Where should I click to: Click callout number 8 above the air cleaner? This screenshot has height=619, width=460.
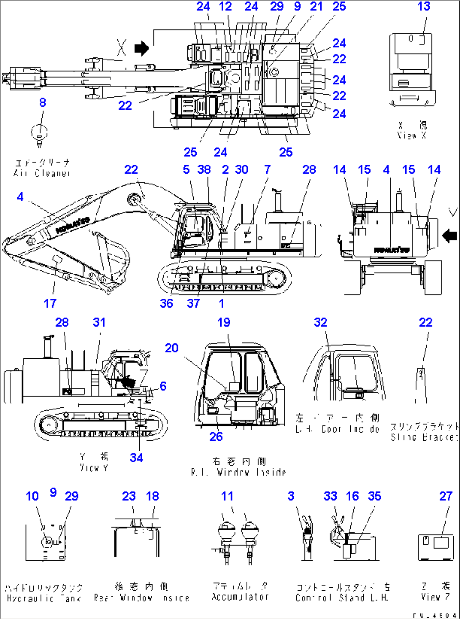43,103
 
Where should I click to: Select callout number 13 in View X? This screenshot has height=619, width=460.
424,7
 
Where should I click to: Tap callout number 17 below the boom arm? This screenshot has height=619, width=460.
50,303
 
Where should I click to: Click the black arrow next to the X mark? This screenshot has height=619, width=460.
142,48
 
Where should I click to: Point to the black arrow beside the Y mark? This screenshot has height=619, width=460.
449,235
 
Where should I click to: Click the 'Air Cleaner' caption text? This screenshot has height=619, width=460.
42,173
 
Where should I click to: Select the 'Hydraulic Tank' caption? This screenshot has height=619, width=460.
44,598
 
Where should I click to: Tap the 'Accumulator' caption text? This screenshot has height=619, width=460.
240,597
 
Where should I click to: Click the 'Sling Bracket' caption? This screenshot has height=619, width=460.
423,437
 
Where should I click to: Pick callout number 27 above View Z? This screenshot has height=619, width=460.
446,496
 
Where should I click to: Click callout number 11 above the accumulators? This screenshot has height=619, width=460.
227,496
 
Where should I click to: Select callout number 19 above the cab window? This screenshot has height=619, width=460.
224,322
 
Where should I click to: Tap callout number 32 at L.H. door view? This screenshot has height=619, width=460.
320,322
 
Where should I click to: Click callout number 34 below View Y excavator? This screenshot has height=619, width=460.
136,458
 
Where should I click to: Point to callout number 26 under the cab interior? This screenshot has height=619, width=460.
216,436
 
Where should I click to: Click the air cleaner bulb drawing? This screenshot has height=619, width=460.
40,134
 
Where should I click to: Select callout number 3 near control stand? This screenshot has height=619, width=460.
291,496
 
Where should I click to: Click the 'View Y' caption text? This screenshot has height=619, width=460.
94,467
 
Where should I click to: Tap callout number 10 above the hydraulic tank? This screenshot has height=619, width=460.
32,496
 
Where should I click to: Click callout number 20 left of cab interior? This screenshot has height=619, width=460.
171,348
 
